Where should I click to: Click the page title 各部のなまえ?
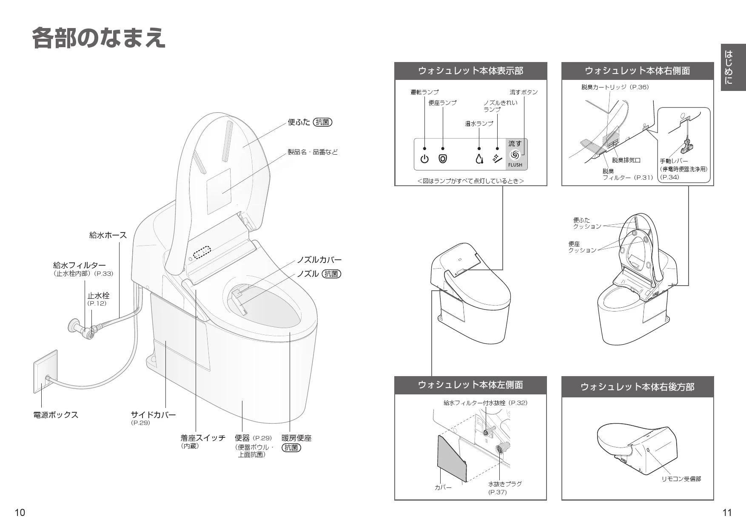pos(99,38)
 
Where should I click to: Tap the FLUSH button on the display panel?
pos(515,154)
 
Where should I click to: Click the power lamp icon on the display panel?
pos(424,159)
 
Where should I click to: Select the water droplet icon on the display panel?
pos(479,159)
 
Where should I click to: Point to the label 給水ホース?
pos(108,235)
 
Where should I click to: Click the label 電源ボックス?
pos(56,415)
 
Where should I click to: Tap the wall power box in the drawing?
pos(46,371)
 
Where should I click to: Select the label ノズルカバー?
pos(319,260)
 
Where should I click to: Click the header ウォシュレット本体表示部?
pos(470,71)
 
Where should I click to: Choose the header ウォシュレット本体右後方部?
pos(637,387)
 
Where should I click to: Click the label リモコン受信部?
pos(681,479)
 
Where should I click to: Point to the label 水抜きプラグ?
pos(505,484)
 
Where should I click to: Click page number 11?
pos(727,513)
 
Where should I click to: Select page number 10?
pos(20,513)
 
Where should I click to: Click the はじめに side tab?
pos(733,67)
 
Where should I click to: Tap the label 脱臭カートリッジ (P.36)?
pos(615,87)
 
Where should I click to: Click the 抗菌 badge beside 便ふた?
pos(322,122)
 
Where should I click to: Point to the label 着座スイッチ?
pos(203,438)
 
